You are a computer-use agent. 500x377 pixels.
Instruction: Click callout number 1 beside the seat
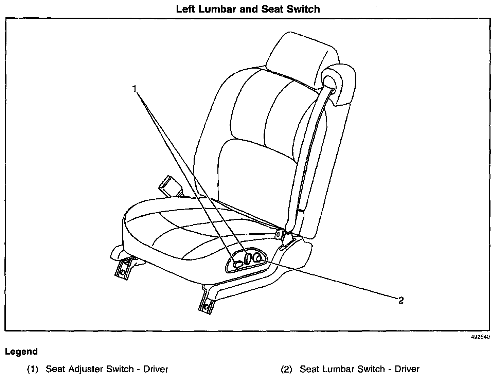point(135,89)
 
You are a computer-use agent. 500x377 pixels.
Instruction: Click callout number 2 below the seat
point(401,300)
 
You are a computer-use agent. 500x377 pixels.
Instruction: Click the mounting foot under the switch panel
point(206,301)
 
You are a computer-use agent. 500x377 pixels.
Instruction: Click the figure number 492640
point(480,337)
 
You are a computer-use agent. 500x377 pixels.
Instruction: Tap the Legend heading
point(21,352)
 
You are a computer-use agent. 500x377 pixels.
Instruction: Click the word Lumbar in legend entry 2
point(341,369)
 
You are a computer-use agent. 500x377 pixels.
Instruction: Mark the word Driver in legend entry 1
point(156,369)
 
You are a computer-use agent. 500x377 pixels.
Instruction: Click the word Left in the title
point(185,9)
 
